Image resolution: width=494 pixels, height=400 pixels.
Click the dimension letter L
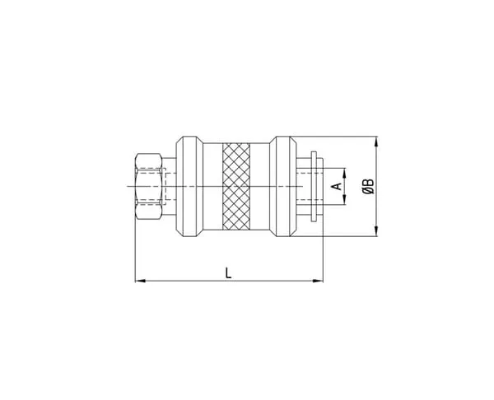pos(228,272)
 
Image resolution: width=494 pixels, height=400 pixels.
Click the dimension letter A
pos(337,186)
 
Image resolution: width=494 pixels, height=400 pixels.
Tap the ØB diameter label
pos(368,186)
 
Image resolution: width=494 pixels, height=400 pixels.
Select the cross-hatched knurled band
pos(236,186)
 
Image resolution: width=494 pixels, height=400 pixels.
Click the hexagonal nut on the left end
pos(149,186)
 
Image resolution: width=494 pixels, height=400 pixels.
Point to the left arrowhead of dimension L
pos(140,281)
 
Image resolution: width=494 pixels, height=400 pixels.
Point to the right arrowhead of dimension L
pos(318,281)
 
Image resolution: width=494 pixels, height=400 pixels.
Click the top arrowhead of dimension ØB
pos(375,142)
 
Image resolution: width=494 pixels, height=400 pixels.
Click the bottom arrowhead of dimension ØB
pos(375,231)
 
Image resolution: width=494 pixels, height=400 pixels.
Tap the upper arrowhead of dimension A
pos(344,173)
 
